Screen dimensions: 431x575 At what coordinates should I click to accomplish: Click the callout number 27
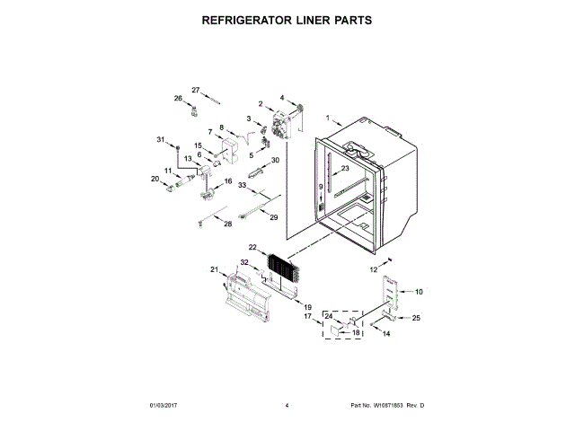coord(195,90)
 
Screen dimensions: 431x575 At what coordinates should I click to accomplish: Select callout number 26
coord(178,98)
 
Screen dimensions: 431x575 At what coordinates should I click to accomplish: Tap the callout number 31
coord(162,140)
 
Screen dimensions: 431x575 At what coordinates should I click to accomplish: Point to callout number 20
coord(155,179)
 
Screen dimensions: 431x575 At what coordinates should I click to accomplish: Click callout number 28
coord(227,224)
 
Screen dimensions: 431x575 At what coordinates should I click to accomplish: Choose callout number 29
coord(274,218)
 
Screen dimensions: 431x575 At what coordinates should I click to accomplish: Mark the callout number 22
coord(253,247)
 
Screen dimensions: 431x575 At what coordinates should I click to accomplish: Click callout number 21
coord(215,269)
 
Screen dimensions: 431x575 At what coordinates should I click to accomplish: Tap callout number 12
coord(375,269)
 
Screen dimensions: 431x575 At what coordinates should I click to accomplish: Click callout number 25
coord(415,317)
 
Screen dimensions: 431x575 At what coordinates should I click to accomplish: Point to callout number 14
coord(386,334)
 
